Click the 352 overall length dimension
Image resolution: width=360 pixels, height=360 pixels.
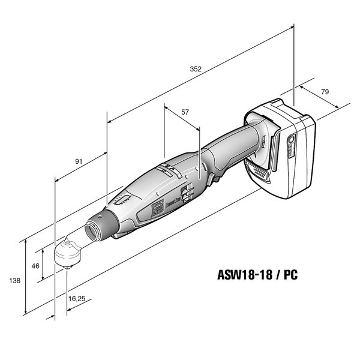tap(196, 69)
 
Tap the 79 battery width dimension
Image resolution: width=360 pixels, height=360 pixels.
tap(325, 92)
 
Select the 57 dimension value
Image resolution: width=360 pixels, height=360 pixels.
tap(185, 112)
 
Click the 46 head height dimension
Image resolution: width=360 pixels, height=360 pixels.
tap(35, 265)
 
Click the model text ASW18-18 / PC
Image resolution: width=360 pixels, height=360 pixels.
tap(256, 277)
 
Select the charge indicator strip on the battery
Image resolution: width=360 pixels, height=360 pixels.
tap(291, 145)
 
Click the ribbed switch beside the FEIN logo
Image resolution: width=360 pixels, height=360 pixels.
tap(187, 193)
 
